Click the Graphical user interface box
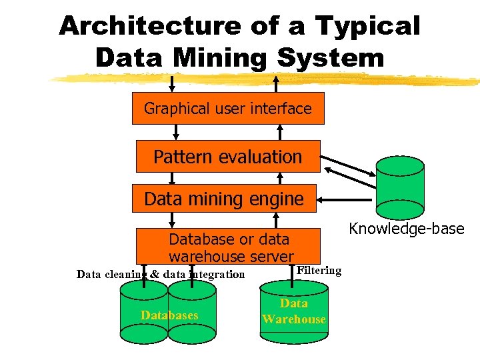tap(228, 108)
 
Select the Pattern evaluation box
tap(228, 157)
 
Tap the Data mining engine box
tap(224, 198)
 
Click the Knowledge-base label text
tap(407, 229)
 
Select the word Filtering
tap(319, 270)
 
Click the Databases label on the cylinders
tap(169, 315)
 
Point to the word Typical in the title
tap(367, 26)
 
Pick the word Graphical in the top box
tap(174, 108)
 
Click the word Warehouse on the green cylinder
tap(294, 319)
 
